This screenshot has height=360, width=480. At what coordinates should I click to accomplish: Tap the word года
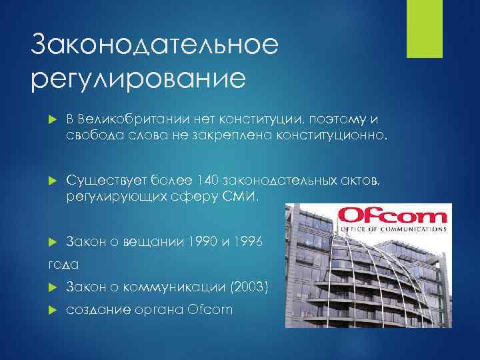(x=63, y=265)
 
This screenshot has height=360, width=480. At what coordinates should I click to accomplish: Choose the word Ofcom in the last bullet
(x=211, y=310)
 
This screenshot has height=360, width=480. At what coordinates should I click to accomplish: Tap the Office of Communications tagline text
(x=391, y=229)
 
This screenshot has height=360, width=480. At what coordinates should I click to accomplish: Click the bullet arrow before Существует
(x=55, y=181)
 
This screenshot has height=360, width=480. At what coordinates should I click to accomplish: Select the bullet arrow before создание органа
(x=55, y=310)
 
